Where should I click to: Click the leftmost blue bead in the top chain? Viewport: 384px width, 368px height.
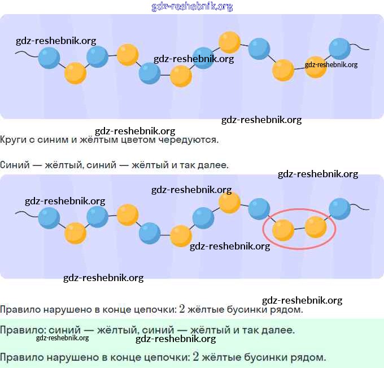tap(49, 58)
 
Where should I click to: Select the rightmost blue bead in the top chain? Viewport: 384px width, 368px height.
tap(339, 49)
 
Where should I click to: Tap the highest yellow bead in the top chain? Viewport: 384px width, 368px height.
tap(229, 42)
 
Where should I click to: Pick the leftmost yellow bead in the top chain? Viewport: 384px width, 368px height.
tap(76, 73)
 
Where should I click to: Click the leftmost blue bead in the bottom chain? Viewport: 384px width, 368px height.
tap(49, 218)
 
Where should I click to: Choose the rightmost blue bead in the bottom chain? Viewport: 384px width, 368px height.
tap(339, 209)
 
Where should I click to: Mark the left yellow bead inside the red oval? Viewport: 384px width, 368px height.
tap(283, 230)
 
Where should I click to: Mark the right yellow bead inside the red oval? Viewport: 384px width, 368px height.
tap(316, 227)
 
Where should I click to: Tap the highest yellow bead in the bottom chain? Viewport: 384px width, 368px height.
tap(229, 203)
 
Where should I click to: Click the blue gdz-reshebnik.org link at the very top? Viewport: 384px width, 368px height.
tap(192, 7)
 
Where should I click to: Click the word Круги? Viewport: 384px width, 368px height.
tap(13, 140)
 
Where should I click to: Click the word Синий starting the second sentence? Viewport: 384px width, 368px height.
tap(15, 165)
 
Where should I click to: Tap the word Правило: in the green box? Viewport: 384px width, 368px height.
tap(23, 330)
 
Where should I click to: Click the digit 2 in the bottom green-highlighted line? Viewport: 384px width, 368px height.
tap(196, 357)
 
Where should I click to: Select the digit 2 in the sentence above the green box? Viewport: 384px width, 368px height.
tap(182, 309)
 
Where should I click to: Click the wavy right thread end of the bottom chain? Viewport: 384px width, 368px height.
tap(360, 209)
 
